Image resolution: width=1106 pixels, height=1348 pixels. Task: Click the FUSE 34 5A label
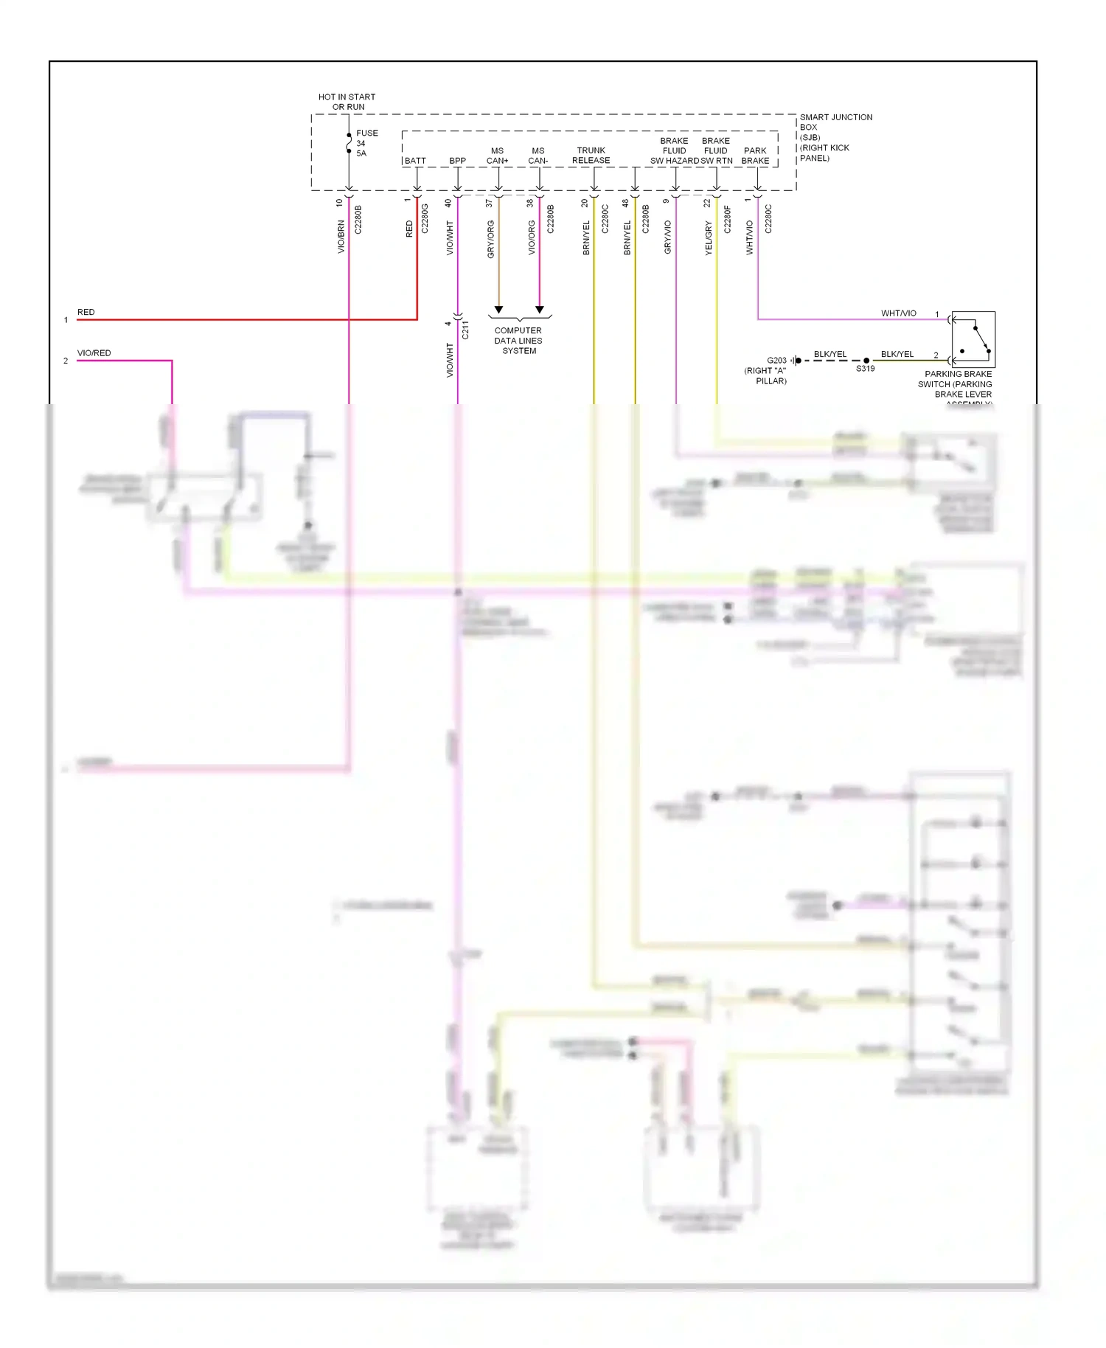coord(366,143)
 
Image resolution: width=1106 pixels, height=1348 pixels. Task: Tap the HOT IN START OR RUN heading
coord(347,102)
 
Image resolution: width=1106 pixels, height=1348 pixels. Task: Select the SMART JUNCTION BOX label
coord(835,137)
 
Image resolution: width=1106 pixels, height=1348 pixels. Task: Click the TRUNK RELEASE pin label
coord(591,155)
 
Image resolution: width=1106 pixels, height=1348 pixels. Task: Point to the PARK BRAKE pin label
coord(755,156)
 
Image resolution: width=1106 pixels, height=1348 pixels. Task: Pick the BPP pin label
coord(457,161)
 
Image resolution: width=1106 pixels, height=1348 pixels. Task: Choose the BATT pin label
coord(415,161)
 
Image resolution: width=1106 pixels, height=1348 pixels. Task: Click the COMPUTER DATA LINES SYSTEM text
coord(518,341)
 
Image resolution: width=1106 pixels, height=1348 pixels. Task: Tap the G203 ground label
coord(776,361)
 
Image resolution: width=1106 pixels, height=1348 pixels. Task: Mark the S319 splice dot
coord(866,361)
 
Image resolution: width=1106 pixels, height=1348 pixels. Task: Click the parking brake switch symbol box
coord(973,339)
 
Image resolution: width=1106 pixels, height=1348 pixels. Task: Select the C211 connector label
coord(465,330)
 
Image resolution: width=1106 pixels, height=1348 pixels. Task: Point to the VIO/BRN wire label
coord(341,237)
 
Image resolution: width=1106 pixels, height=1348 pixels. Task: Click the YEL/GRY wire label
coord(709,238)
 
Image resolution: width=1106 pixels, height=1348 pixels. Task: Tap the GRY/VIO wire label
coord(668,237)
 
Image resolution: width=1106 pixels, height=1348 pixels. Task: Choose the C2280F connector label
coord(727,220)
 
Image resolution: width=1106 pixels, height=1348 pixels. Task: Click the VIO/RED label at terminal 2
coord(94,353)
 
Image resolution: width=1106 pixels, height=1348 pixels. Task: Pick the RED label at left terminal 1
coord(86,312)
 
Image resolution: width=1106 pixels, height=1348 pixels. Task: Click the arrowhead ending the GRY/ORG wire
coord(498,310)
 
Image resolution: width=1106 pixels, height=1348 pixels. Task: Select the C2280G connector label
coord(425,219)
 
